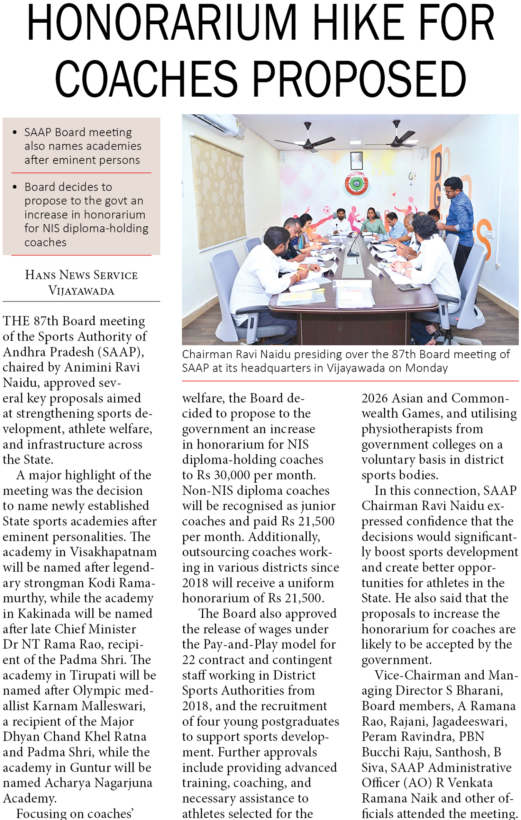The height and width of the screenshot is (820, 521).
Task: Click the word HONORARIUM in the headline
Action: [x=162, y=24]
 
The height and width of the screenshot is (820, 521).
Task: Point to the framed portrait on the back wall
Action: [x=356, y=161]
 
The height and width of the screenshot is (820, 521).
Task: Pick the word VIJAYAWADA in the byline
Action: [x=81, y=291]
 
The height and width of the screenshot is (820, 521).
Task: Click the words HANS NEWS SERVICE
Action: [x=81, y=275]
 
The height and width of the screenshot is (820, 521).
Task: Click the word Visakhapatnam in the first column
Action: [x=113, y=552]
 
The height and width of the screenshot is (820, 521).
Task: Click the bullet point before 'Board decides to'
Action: [x=15, y=187]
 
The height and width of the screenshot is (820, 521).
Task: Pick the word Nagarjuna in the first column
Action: [x=123, y=783]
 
